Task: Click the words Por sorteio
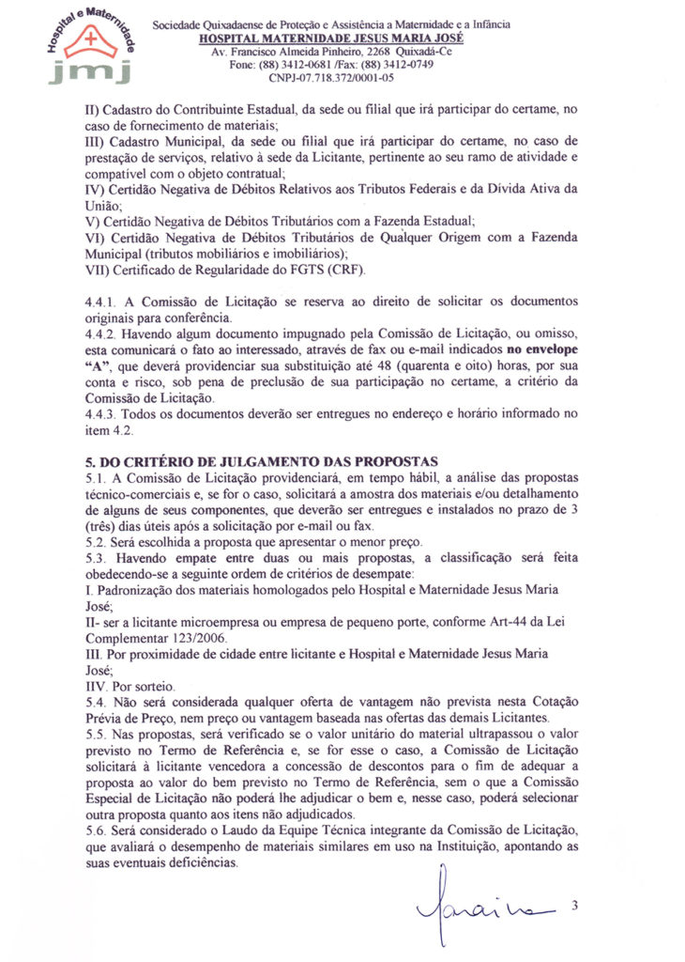[149, 686]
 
